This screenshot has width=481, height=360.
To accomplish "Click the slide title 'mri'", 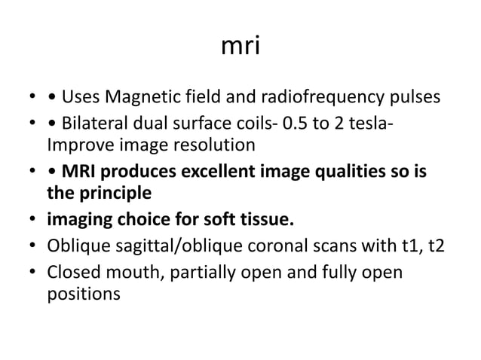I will click(x=240, y=47).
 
